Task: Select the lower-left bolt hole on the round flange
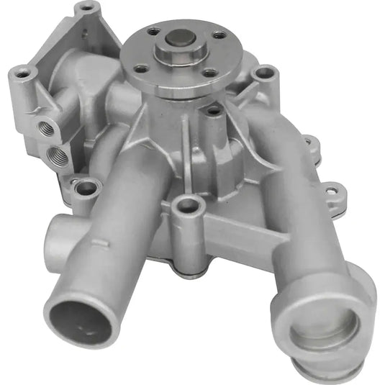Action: (x=142, y=69)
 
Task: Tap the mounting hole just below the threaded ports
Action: (x=87, y=189)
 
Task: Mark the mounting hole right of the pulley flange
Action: (x=266, y=73)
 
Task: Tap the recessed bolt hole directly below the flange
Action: (x=213, y=112)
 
